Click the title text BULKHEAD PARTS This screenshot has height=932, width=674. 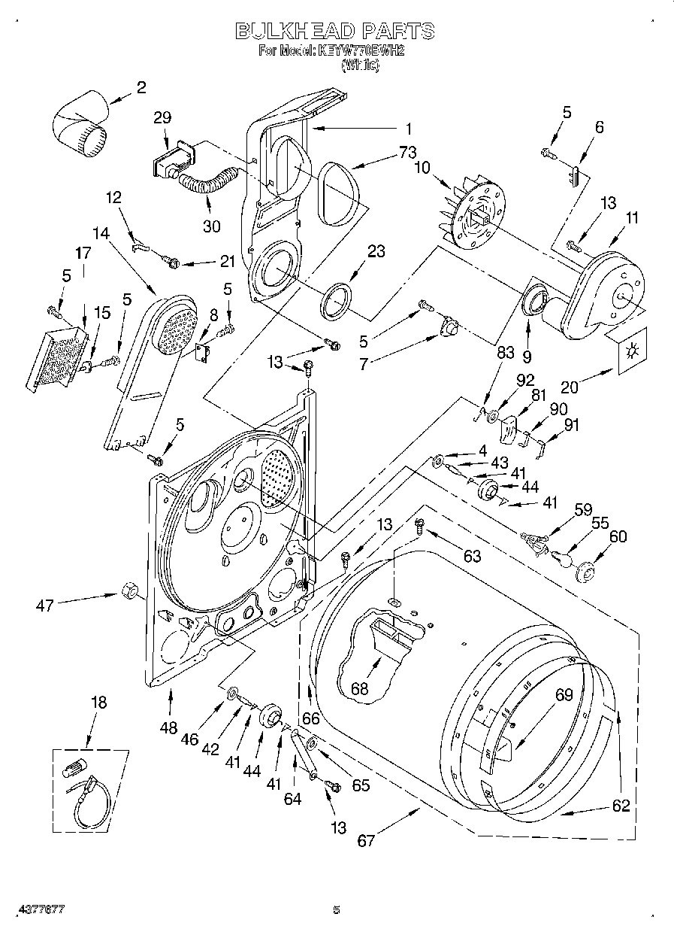[335, 31]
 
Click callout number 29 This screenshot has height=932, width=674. [162, 117]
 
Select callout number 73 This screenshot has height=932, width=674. [407, 153]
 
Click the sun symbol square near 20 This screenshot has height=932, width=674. [630, 350]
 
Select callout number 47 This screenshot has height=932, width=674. [45, 604]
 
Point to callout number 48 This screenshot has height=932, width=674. [169, 728]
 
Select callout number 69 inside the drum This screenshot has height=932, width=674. [564, 696]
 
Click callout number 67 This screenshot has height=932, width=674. [366, 840]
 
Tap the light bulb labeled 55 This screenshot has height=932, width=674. [561, 558]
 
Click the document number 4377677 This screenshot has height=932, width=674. [42, 909]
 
